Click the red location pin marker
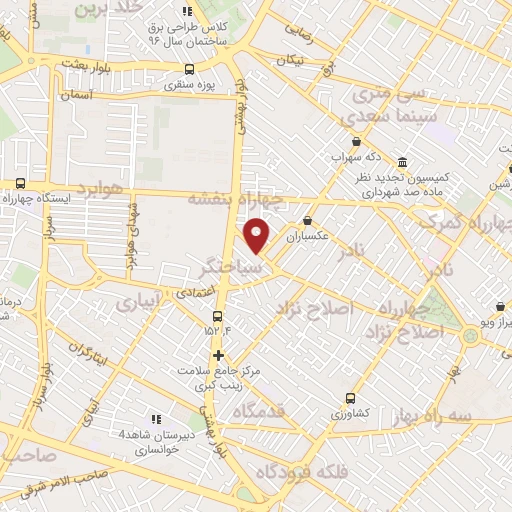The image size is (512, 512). tap(258, 236)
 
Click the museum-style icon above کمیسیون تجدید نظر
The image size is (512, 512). tap(402, 162)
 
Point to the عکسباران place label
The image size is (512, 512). tap(308, 238)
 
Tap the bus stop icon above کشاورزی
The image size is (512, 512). tap(350, 397)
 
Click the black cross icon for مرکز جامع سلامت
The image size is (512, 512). tap(218, 355)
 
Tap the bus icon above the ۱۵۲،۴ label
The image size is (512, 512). tap(218, 317)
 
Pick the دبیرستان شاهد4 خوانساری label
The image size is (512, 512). tap(150, 441)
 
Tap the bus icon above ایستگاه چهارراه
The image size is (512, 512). tap(20, 183)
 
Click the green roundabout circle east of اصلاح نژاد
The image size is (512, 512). tap(470, 335)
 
